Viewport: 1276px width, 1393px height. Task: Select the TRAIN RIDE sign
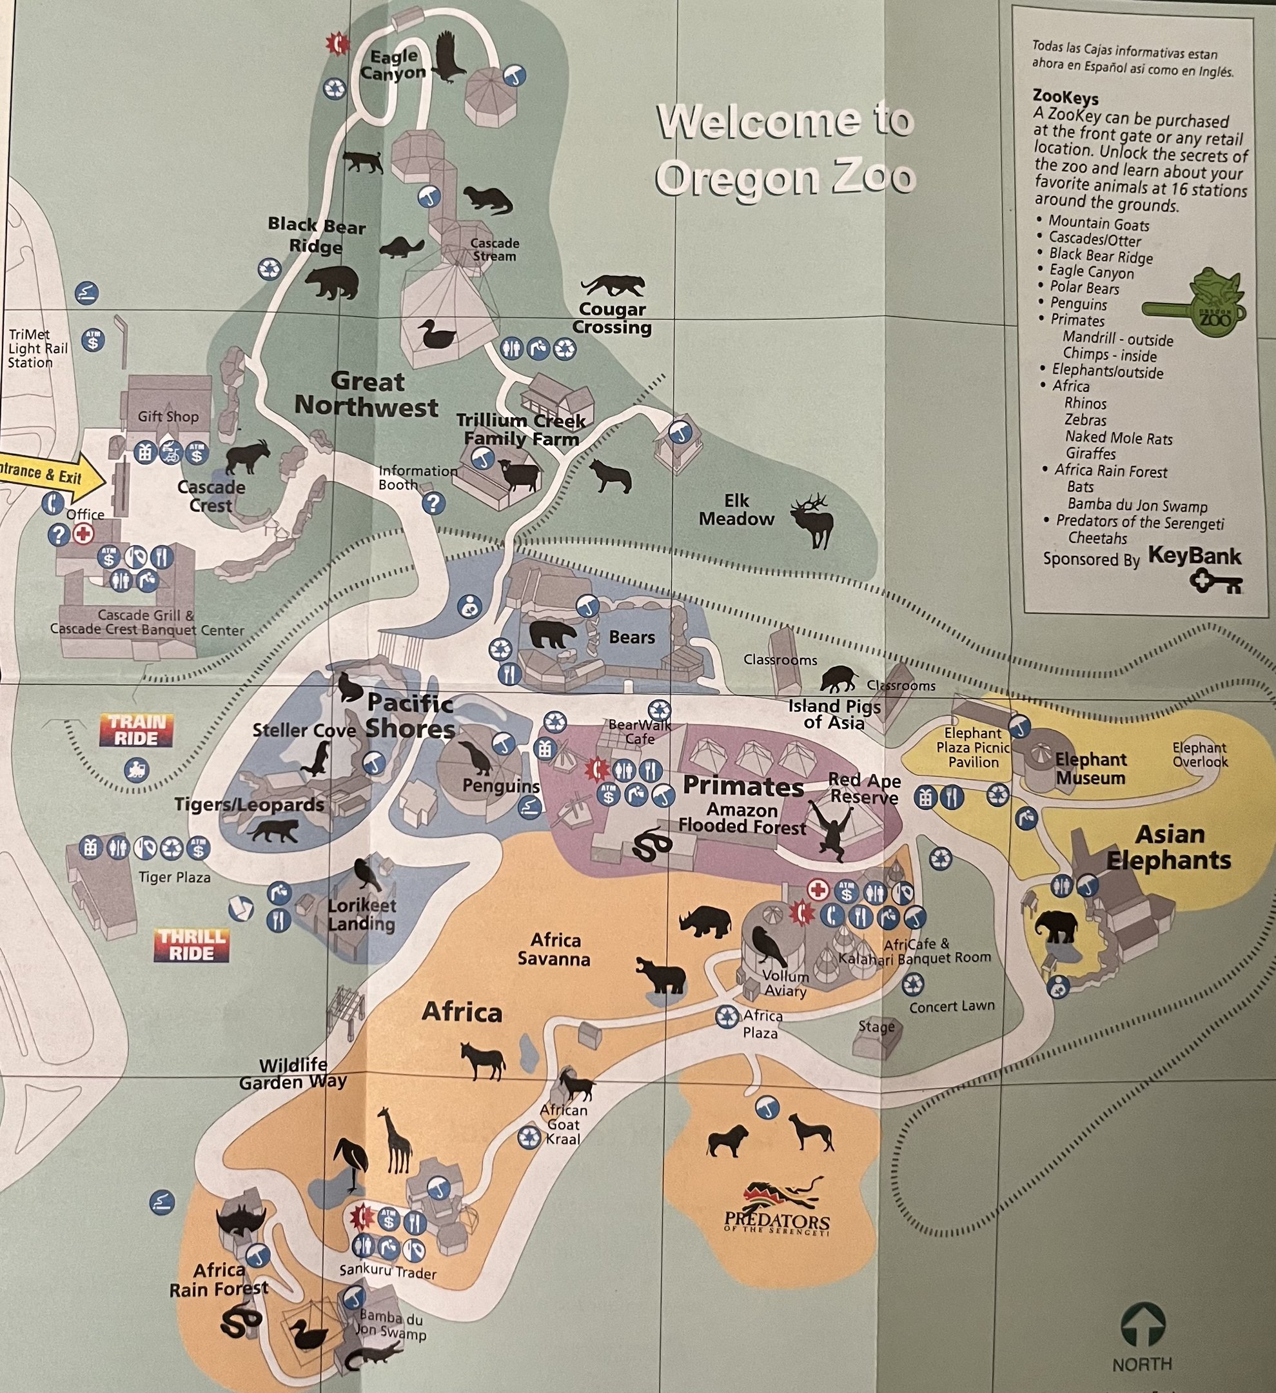137,730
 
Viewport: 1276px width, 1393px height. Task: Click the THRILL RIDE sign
191,945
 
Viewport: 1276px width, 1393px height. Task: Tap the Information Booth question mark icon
433,503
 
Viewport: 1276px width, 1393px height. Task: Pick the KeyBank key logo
1215,582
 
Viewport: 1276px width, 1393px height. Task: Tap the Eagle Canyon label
394,64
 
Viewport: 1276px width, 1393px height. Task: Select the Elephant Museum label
1090,768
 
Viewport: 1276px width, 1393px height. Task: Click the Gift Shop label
168,416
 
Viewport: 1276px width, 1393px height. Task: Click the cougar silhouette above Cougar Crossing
613,284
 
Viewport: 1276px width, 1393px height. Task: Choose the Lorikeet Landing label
361,914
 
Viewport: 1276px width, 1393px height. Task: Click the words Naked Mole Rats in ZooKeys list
1119,437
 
